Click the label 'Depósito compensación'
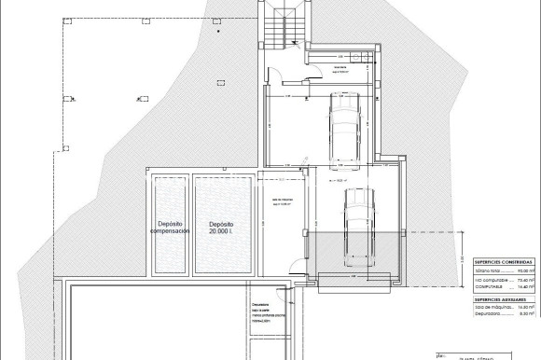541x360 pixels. tap(169, 227)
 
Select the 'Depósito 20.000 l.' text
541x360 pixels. tap(221, 227)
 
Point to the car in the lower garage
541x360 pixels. tap(358, 222)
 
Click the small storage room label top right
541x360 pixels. tap(335, 69)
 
